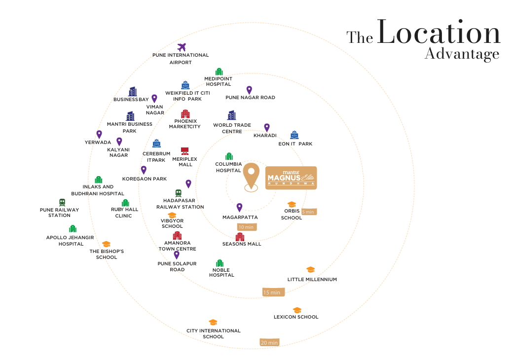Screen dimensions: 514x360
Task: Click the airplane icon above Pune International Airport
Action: pyautogui.click(x=181, y=47)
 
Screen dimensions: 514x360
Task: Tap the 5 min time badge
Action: pyautogui.click(x=309, y=212)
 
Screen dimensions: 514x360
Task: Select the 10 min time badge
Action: pyautogui.click(x=247, y=227)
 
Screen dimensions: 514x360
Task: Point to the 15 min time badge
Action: pyautogui.click(x=273, y=292)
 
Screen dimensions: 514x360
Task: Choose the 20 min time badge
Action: pyautogui.click(x=269, y=343)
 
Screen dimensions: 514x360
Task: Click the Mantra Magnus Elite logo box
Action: pyautogui.click(x=291, y=178)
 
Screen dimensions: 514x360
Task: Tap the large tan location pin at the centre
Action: pyautogui.click(x=251, y=177)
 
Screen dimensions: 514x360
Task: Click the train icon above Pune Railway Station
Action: pyautogui.click(x=62, y=203)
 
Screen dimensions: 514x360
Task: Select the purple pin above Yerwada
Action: pyautogui.click(x=99, y=134)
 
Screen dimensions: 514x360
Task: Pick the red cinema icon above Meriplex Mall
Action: pyautogui.click(x=185, y=151)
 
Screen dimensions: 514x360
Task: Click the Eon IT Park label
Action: pyautogui.click(x=295, y=144)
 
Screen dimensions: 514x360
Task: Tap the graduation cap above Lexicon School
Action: pyautogui.click(x=297, y=310)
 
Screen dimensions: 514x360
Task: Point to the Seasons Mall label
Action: pyautogui.click(x=242, y=244)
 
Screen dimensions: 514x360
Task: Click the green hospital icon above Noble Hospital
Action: pyautogui.click(x=220, y=263)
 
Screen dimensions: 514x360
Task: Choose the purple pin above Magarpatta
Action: pyautogui.click(x=239, y=207)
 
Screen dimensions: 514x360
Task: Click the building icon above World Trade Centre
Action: pyautogui.click(x=232, y=115)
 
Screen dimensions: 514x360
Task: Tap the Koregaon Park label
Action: pyautogui.click(x=145, y=179)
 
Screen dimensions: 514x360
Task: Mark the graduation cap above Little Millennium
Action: pyautogui.click(x=310, y=270)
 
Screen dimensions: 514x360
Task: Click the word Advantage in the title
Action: pyautogui.click(x=462, y=54)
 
